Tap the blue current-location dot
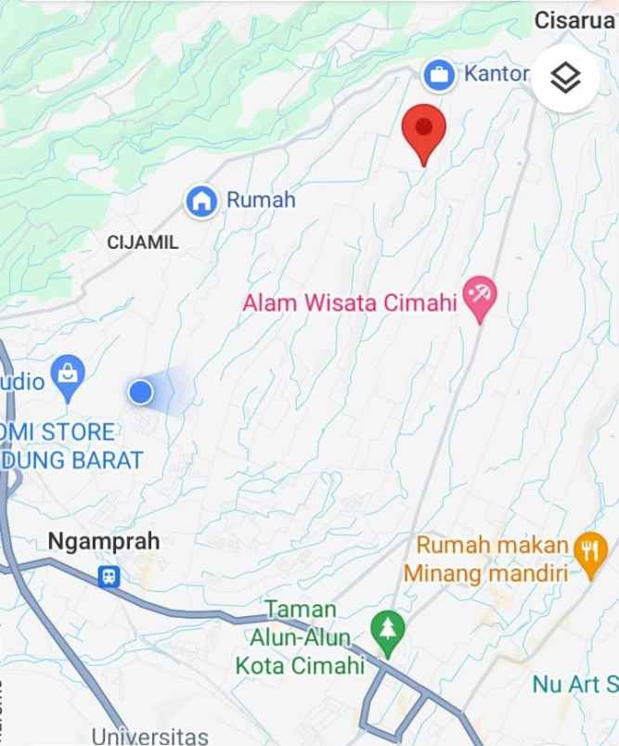coord(140,392)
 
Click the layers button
coord(565,78)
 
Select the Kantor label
coord(496,74)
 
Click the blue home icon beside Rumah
coord(200,200)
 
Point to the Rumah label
coord(261,199)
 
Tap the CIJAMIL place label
coord(143,242)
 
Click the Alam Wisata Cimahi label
coord(351,303)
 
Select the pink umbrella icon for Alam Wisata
coord(480,299)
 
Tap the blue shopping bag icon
coord(68,375)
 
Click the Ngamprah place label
coord(104,541)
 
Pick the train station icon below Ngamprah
coord(110,577)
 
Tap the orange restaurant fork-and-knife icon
coord(590,550)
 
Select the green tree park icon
coord(388,628)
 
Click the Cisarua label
coord(574,19)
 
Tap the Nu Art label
coord(574,685)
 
